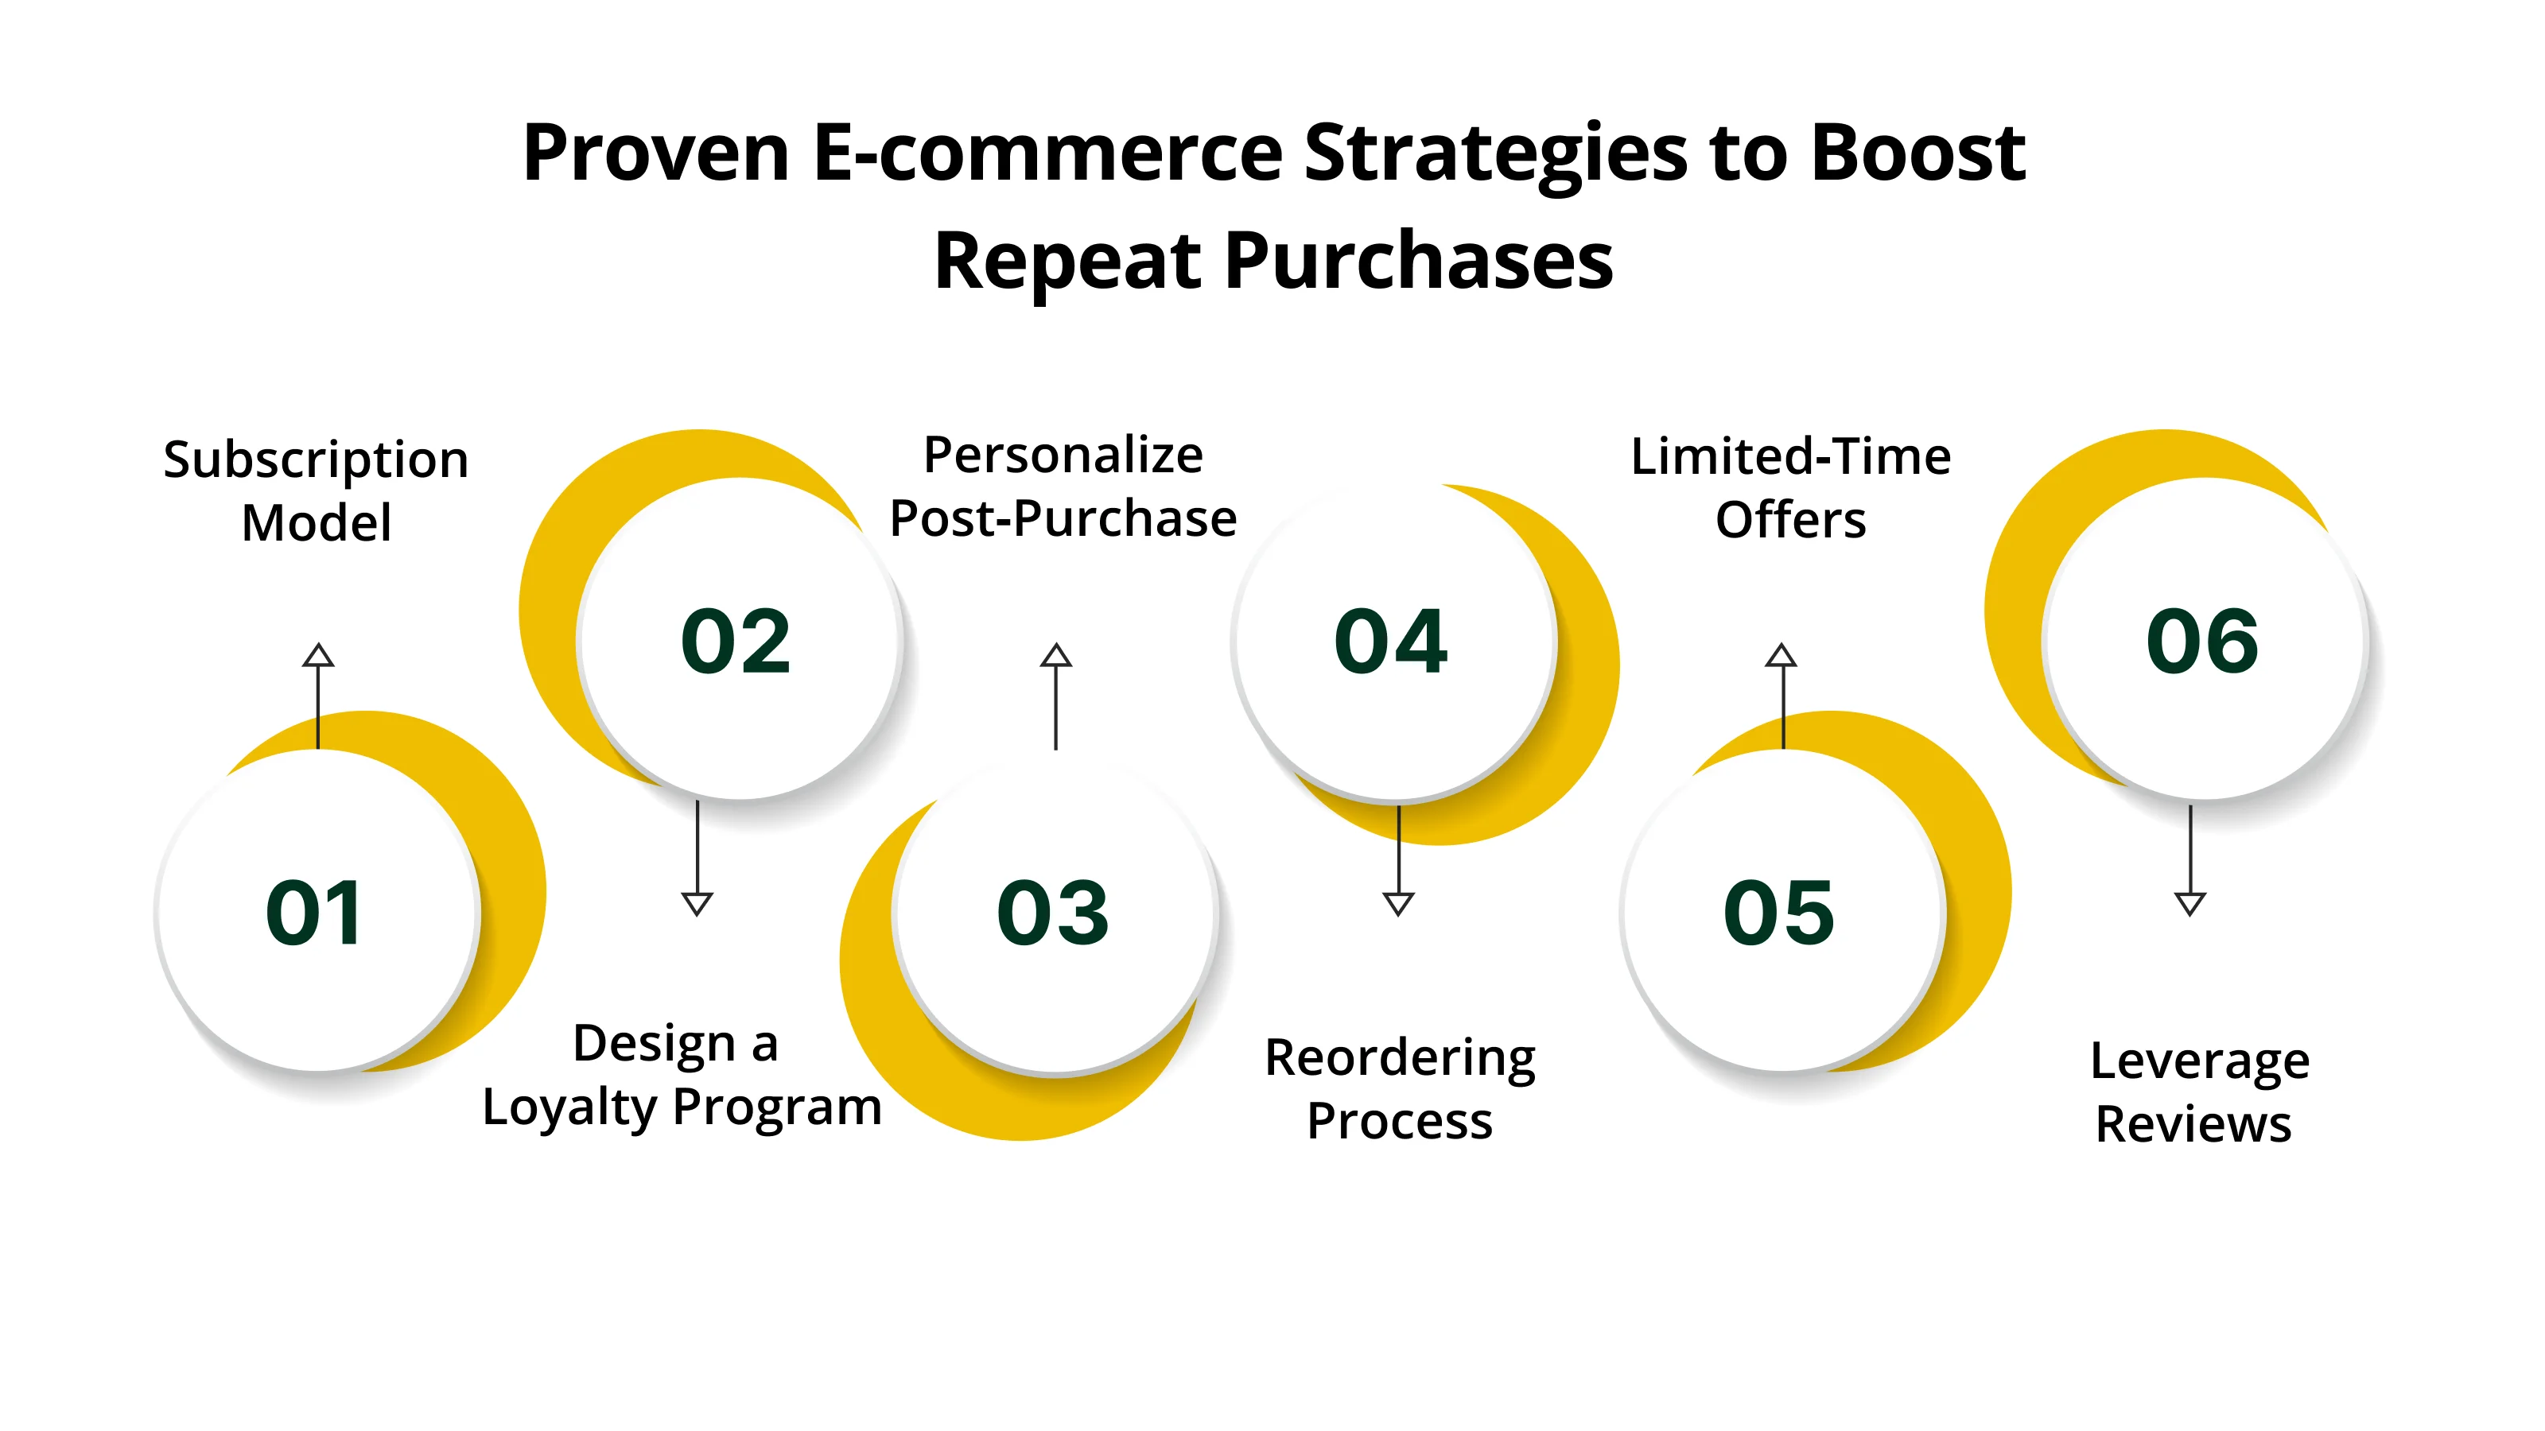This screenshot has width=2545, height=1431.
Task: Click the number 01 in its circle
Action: point(314,913)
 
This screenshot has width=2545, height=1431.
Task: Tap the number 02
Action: point(736,642)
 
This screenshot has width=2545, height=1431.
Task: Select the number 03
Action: point(1053,913)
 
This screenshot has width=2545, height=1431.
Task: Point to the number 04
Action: point(1391,642)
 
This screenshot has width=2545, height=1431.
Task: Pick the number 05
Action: point(1779,913)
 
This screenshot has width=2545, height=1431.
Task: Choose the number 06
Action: point(2202,642)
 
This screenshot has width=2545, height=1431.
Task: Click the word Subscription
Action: point(317,461)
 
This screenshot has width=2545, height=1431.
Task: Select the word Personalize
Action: point(1063,456)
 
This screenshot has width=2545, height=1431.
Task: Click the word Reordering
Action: point(1400,1059)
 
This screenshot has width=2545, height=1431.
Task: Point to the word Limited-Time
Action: point(1790,457)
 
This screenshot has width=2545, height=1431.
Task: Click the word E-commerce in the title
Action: point(1047,153)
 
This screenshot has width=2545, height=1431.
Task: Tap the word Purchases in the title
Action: point(1419,262)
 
